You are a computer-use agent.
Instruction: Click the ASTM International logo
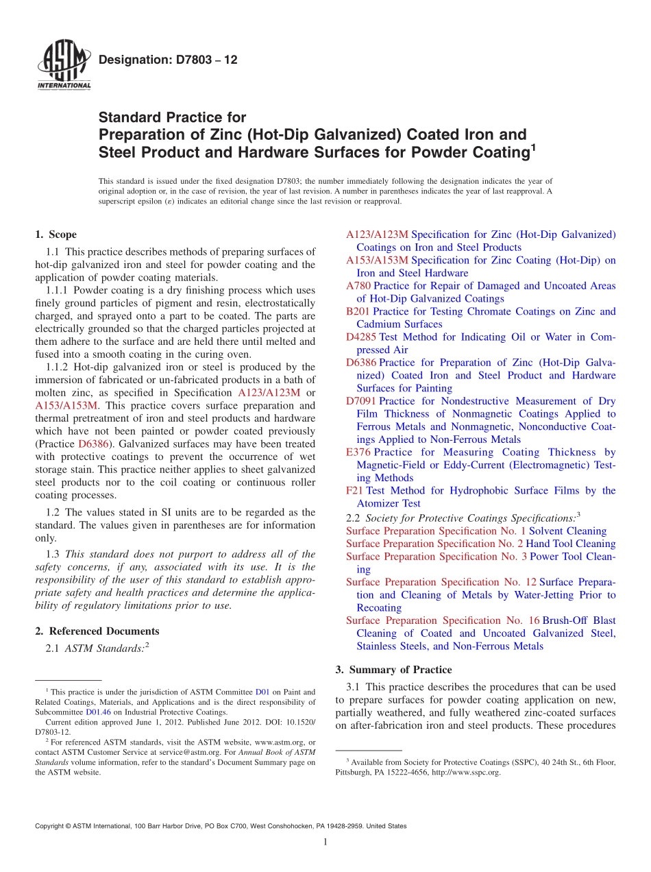(x=63, y=64)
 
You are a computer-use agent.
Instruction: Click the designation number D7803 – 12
(x=168, y=60)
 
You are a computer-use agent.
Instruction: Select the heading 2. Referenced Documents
(x=97, y=631)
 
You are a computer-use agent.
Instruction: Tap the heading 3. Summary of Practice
(x=393, y=670)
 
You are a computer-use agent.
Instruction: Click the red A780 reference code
(x=358, y=286)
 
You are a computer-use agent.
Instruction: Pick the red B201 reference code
(x=358, y=311)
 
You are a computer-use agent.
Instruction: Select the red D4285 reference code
(x=361, y=337)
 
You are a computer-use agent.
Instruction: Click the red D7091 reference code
(x=361, y=401)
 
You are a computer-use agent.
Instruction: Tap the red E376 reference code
(x=358, y=452)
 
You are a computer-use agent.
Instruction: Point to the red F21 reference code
(x=354, y=491)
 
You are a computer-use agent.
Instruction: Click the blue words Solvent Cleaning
(x=568, y=531)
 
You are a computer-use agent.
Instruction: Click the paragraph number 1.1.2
(x=58, y=367)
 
